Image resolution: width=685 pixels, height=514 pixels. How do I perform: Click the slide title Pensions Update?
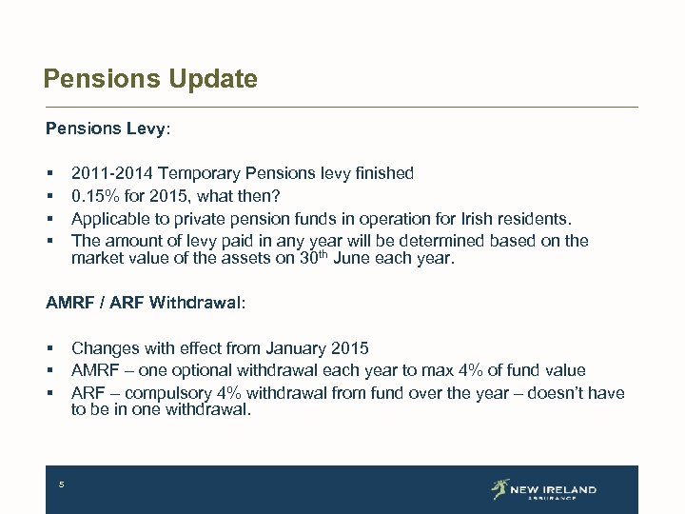[150, 79]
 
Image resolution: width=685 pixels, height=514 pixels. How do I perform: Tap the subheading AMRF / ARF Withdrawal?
[145, 303]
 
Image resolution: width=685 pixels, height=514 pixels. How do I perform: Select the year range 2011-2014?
[112, 173]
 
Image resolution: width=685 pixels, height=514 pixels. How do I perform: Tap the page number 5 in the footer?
[61, 485]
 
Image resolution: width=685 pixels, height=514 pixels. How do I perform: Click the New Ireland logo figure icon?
[500, 489]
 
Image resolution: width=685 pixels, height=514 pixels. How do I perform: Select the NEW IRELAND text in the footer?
[553, 489]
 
